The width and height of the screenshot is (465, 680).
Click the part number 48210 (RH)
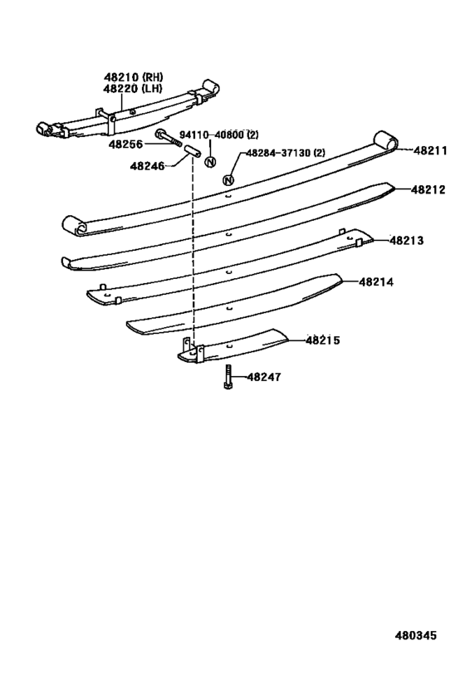(x=133, y=77)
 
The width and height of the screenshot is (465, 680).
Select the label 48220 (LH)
(x=133, y=89)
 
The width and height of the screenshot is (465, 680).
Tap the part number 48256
(x=125, y=144)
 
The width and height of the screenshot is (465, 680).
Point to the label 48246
(x=148, y=166)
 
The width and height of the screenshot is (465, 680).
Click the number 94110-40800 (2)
(x=219, y=135)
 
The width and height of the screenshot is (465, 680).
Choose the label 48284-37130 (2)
(x=286, y=153)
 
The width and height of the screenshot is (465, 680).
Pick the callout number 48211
(x=430, y=150)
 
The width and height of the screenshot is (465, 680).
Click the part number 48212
(x=428, y=189)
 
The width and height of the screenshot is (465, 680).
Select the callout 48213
(x=406, y=240)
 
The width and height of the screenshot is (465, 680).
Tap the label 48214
(x=376, y=282)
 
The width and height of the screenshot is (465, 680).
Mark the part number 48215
(x=323, y=340)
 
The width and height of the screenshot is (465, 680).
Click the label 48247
(x=264, y=377)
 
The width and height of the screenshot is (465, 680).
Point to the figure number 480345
(x=415, y=635)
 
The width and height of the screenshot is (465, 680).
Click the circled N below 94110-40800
(x=210, y=162)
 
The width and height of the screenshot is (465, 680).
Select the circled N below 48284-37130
(x=228, y=180)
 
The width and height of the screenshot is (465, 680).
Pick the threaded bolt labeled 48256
(x=169, y=138)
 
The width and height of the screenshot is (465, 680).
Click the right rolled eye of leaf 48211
(x=385, y=140)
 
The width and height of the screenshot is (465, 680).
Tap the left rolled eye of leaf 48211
(x=75, y=226)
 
